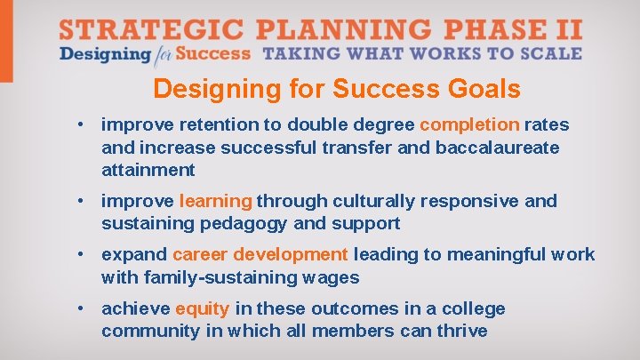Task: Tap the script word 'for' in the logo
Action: point(162,54)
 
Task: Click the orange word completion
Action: point(469,124)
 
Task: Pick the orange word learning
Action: point(216,201)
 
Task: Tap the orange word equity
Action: point(203,308)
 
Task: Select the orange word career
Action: point(199,255)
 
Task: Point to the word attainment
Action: point(148,169)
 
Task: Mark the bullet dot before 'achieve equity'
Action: point(82,308)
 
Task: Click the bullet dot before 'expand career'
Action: point(82,255)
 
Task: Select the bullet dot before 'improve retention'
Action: point(82,124)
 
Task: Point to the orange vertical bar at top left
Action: point(6,41)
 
